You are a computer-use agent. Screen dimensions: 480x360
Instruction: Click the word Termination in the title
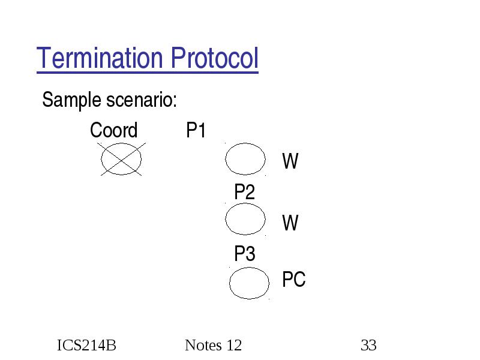pyautogui.click(x=100, y=58)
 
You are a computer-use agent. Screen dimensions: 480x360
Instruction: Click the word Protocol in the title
pyautogui.click(x=215, y=58)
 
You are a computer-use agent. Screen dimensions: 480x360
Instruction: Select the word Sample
pyautogui.click(x=71, y=100)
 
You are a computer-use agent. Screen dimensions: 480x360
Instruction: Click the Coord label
pyautogui.click(x=114, y=130)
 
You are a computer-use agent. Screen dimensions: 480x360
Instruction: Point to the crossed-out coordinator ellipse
pyautogui.click(x=101, y=159)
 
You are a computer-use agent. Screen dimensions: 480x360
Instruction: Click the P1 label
pyautogui.click(x=196, y=130)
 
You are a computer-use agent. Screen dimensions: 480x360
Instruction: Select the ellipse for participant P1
pyautogui.click(x=226, y=159)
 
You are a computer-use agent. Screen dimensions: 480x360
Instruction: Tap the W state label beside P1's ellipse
pyautogui.click(x=290, y=161)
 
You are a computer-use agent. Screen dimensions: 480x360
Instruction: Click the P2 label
pyautogui.click(x=245, y=192)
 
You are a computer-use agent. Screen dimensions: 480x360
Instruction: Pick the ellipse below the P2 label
pyautogui.click(x=226, y=219)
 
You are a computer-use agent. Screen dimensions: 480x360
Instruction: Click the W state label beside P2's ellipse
pyautogui.click(x=290, y=223)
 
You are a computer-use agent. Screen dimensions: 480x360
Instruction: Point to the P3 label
pyautogui.click(x=245, y=253)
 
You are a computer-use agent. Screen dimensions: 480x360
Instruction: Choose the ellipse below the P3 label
pyautogui.click(x=230, y=283)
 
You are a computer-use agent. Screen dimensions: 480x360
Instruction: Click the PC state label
pyautogui.click(x=294, y=279)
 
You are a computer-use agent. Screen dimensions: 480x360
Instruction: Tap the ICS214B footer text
pyautogui.click(x=86, y=346)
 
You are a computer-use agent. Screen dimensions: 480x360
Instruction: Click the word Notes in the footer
pyautogui.click(x=203, y=346)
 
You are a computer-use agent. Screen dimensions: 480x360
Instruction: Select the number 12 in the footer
pyautogui.click(x=234, y=346)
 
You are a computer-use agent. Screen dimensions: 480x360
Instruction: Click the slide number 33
pyautogui.click(x=368, y=346)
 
